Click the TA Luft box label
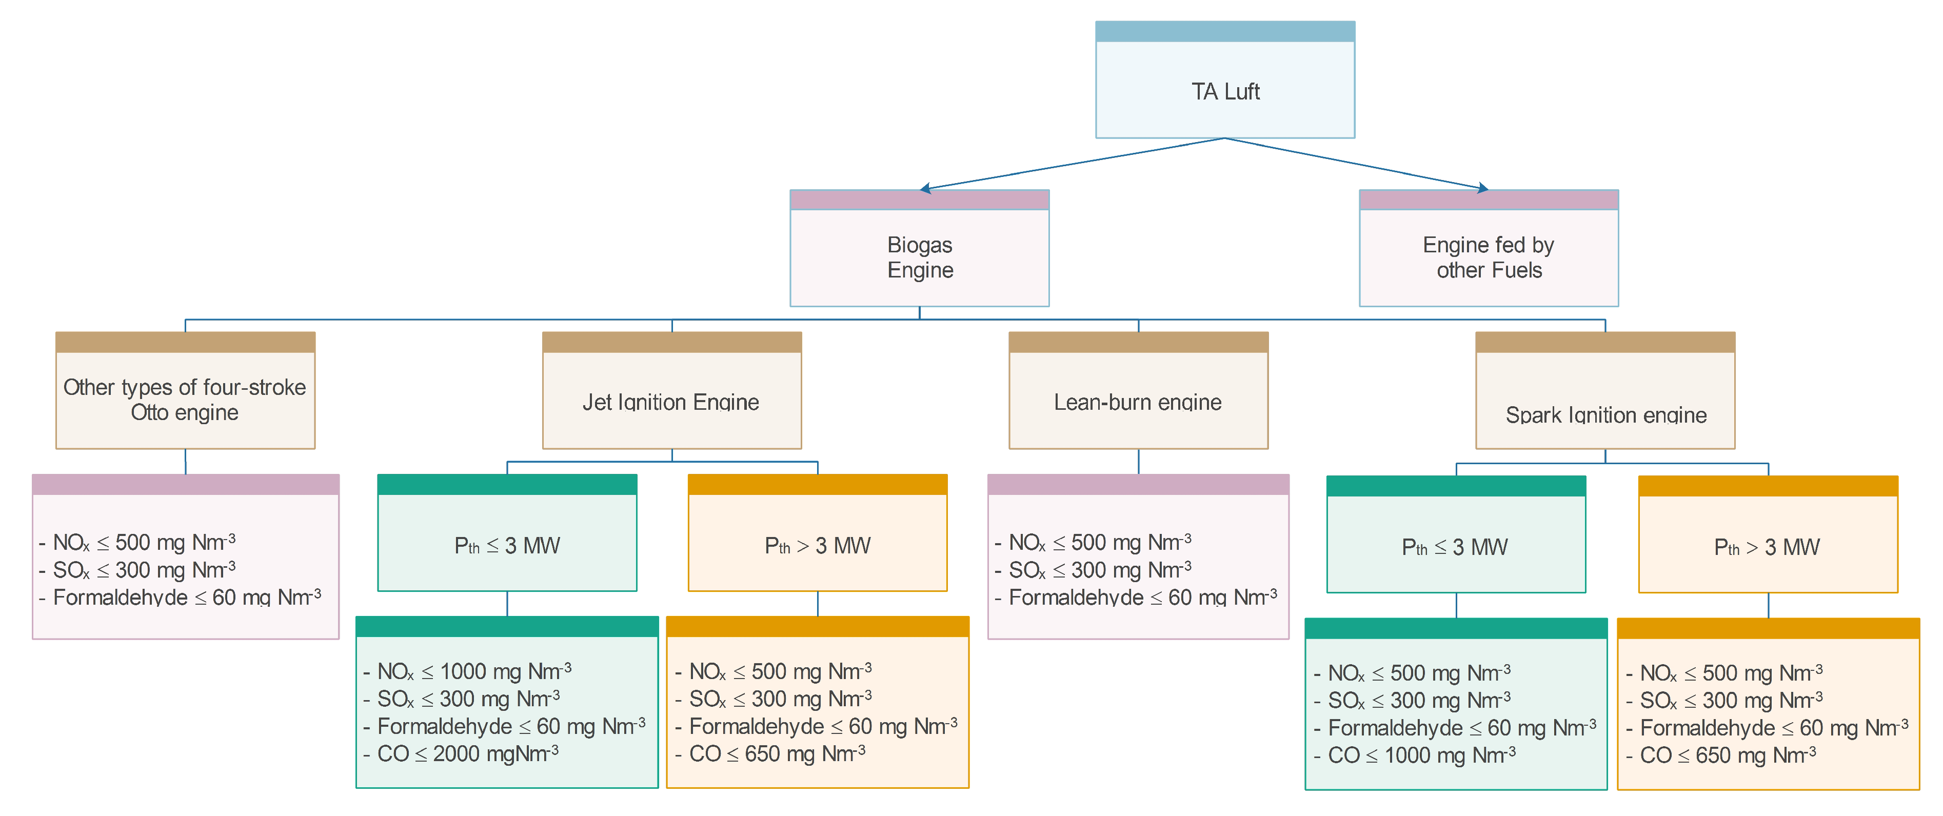[1225, 91]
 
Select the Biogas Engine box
[920, 257]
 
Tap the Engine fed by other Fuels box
[1488, 257]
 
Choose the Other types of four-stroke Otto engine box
[185, 400]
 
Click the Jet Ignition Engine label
[670, 402]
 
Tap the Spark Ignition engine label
[1605, 415]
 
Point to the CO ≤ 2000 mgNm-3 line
[468, 753]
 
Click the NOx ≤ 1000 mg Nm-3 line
[473, 671]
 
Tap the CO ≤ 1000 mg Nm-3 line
[1421, 755]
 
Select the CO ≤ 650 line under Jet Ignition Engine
[777, 753]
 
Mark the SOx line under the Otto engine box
[143, 569]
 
